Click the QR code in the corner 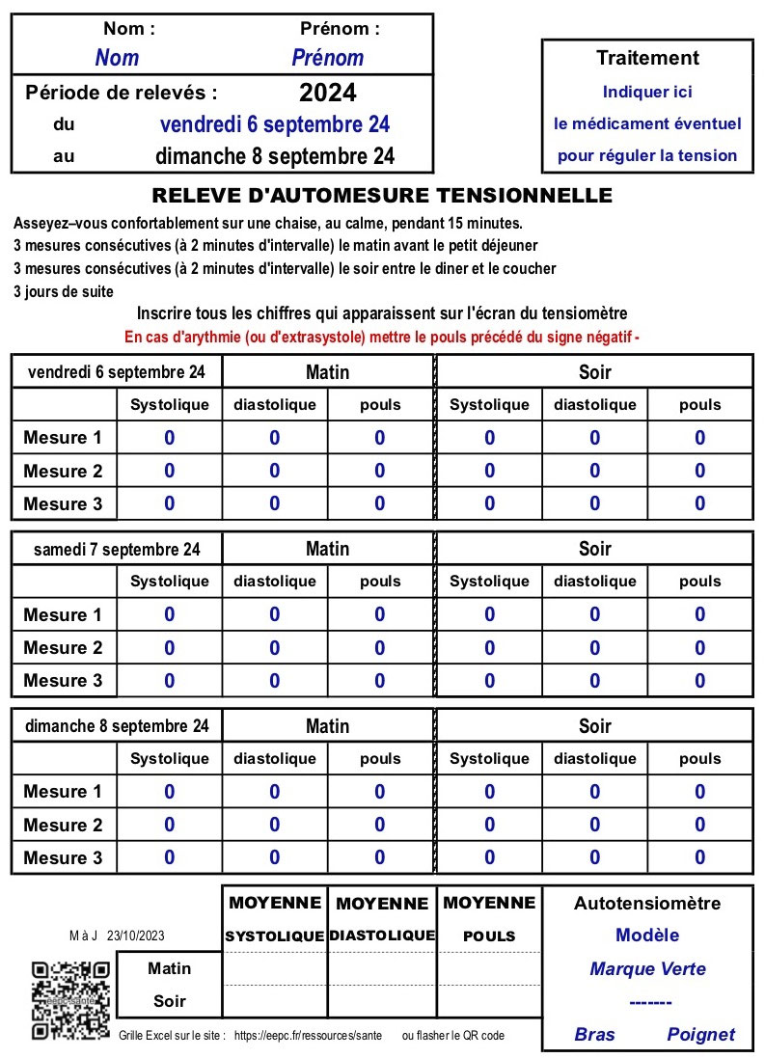point(70,1000)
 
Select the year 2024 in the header point(327,93)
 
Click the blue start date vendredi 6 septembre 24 point(274,124)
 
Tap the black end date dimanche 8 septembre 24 point(274,156)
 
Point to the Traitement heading point(647,58)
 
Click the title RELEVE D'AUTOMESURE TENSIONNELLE point(382,196)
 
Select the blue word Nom point(117,58)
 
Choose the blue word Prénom point(327,58)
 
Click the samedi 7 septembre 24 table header point(117,549)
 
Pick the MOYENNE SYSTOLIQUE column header point(275,919)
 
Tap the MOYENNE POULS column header point(489,919)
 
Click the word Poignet point(700,1035)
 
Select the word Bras point(594,1035)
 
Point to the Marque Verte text point(647,969)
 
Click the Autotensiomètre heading point(647,904)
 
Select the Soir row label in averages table point(169,1001)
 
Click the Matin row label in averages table point(169,968)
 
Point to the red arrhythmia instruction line point(382,338)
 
